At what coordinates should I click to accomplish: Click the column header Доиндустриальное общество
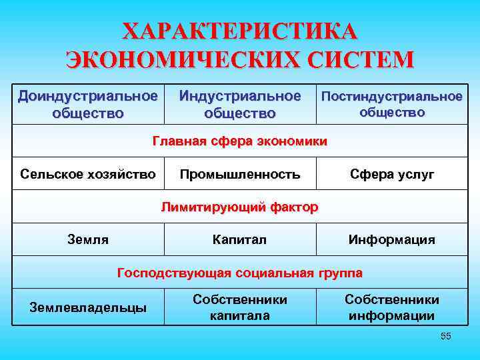88,104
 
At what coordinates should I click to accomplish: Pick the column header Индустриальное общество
240,104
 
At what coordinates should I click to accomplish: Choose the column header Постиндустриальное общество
392,104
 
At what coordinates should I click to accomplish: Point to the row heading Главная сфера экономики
240,141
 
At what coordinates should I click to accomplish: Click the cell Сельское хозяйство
88,175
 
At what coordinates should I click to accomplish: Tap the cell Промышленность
240,175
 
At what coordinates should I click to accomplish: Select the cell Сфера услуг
392,175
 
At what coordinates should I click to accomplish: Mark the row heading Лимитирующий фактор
240,207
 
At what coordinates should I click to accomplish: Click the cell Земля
88,239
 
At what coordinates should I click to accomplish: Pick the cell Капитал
239,239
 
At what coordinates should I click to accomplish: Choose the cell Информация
392,239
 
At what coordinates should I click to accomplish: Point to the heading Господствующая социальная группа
240,273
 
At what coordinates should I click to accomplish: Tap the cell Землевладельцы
88,307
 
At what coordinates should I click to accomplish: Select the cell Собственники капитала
240,307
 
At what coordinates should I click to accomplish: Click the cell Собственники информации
392,307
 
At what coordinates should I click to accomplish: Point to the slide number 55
446,337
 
